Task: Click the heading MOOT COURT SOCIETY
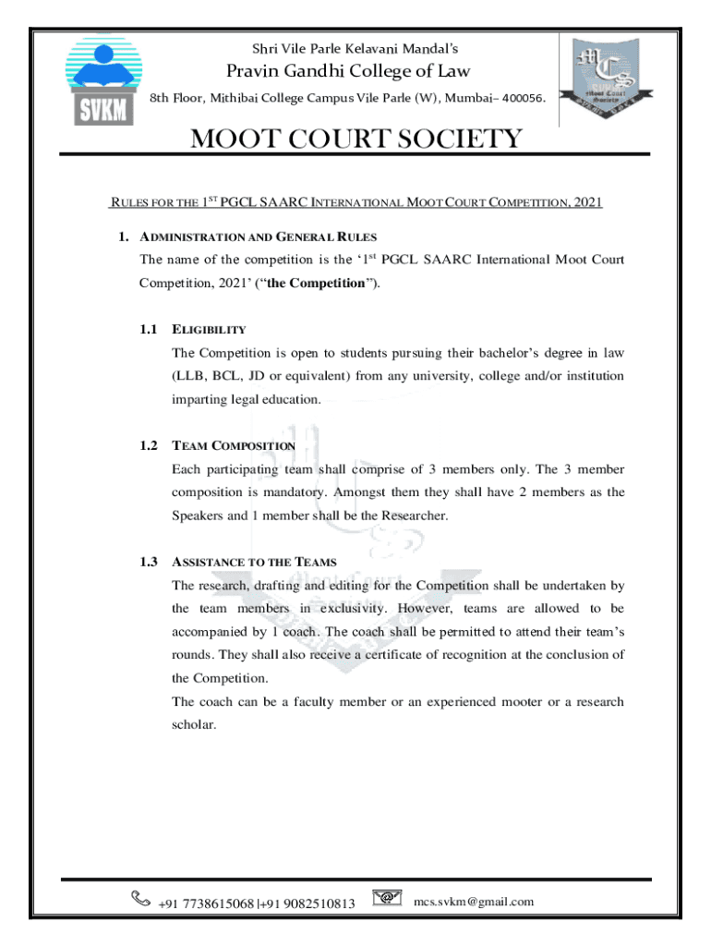pos(355,140)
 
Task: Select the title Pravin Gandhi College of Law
pos(348,71)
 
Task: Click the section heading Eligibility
pos(209,329)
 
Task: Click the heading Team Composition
pos(234,445)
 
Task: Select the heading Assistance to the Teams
pos(254,562)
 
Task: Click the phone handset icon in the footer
pos(141,897)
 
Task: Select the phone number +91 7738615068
pos(206,903)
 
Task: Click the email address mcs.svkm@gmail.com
pos(474,902)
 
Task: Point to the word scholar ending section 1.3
pos(194,725)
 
